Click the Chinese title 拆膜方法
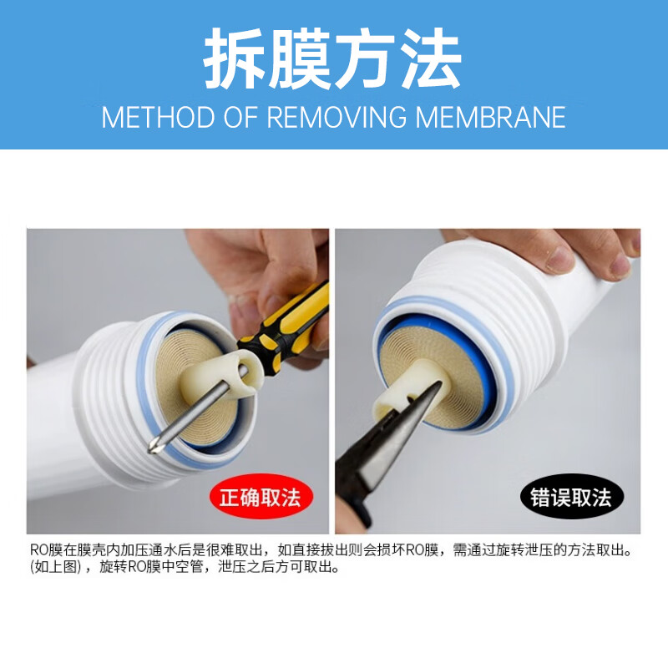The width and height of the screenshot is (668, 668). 332,58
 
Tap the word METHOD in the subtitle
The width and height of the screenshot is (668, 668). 158,117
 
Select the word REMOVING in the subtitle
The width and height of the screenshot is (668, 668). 337,117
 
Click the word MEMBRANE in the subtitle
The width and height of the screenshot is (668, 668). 490,117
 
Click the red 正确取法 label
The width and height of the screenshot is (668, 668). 261,497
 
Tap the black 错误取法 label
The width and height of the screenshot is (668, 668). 572,497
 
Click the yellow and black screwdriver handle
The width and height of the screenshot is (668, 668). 286,327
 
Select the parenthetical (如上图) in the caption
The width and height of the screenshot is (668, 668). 55,567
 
